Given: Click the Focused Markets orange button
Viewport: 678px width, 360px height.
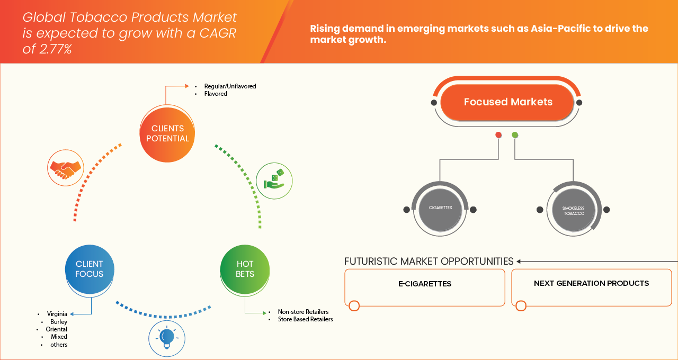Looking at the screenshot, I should (507, 102).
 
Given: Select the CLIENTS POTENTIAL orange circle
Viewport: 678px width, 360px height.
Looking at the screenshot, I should (167, 133).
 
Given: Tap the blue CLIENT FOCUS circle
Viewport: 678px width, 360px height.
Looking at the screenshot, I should (89, 269).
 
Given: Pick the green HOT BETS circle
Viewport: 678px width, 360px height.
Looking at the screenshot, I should (245, 269).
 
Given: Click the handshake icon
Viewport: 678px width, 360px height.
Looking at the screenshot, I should (65, 168).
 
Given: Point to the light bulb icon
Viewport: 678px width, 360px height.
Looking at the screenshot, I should (166, 337).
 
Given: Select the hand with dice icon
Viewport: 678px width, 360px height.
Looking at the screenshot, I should (274, 181).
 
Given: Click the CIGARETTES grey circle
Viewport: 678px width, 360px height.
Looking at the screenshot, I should (440, 208).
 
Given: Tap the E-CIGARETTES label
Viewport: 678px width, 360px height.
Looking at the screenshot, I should (425, 284).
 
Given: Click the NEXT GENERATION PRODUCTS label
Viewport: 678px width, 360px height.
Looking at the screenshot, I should (591, 283).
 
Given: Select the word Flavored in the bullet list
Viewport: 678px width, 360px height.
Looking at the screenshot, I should (216, 94).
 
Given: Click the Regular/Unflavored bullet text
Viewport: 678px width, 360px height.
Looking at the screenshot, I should (230, 86).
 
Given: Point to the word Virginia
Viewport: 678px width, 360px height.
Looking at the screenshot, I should (57, 313).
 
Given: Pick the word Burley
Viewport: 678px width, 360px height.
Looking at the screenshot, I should (59, 321).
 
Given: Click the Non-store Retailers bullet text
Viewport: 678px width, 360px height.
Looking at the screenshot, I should (303, 312).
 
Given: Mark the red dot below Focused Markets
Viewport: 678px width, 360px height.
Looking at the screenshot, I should (498, 135).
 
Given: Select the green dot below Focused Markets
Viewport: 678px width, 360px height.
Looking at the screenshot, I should (515, 135).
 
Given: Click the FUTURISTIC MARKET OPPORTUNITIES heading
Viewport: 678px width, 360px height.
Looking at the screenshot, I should (429, 261).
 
